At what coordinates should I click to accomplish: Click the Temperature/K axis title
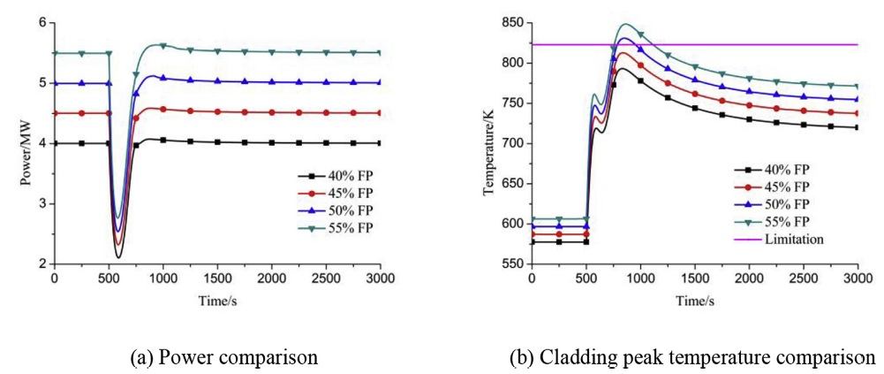click(488, 142)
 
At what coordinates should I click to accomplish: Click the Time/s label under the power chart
click(216, 301)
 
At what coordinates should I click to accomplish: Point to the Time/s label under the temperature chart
click(694, 301)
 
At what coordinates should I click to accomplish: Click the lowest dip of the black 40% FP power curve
click(118, 257)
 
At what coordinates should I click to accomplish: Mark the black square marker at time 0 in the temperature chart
click(532, 241)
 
